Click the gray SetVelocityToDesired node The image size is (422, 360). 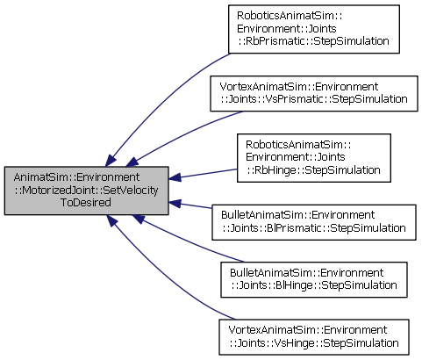(x=87, y=191)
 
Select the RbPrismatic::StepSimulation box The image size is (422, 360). (x=314, y=29)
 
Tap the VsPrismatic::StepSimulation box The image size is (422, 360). (x=314, y=93)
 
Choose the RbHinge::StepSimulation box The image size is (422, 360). (x=314, y=158)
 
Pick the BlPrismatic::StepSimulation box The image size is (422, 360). (x=314, y=222)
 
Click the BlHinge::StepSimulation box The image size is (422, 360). (x=314, y=280)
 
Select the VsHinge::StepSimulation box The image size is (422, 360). (x=314, y=337)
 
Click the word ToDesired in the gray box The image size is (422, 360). (x=86, y=203)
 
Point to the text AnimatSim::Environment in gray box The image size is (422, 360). (x=76, y=177)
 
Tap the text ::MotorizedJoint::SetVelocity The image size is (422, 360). (x=87, y=191)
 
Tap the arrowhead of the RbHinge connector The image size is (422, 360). (x=175, y=177)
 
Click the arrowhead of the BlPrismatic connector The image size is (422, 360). (x=175, y=203)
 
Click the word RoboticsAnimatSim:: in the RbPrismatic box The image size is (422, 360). (x=290, y=16)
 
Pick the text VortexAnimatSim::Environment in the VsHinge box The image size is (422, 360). (x=308, y=330)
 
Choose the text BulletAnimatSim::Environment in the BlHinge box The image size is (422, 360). (x=306, y=273)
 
